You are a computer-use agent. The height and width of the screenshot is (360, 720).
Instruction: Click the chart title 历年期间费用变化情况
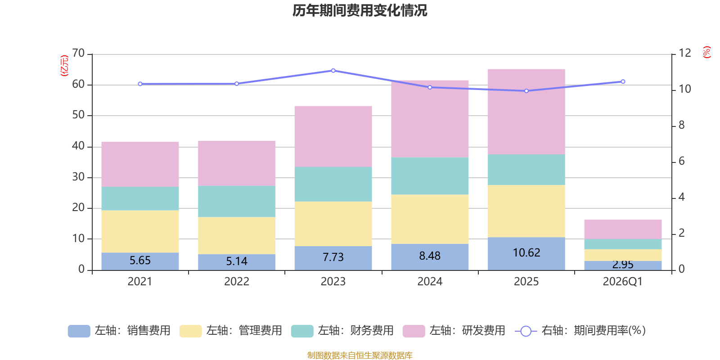point(360,10)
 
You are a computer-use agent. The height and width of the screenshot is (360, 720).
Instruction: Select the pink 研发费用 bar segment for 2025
point(526,112)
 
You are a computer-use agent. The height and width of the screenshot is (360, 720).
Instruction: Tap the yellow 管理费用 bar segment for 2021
point(140,231)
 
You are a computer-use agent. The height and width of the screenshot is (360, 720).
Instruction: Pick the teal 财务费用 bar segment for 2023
point(333,184)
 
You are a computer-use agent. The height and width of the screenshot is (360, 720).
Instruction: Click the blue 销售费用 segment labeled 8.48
point(430,256)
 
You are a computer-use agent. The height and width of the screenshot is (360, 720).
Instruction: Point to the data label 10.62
point(526,253)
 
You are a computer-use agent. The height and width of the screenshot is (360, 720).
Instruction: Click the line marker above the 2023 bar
point(333,71)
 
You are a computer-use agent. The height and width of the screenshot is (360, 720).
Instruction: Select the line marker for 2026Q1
point(623,82)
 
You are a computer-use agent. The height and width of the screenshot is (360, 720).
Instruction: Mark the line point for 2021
point(140,84)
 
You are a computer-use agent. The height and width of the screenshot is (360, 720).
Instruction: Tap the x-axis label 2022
point(237,282)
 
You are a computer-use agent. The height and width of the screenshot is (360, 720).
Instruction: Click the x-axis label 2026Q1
point(622,282)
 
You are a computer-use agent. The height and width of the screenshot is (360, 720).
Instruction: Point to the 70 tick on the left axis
point(78,54)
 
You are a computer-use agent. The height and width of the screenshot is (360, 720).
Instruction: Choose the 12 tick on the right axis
point(685,53)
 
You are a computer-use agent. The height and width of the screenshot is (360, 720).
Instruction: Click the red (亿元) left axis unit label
point(64,66)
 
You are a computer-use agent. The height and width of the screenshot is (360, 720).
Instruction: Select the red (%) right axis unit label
point(707,52)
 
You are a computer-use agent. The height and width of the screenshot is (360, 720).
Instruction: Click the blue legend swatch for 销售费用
point(79,331)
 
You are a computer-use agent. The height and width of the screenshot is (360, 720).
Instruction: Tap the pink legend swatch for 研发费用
point(414,331)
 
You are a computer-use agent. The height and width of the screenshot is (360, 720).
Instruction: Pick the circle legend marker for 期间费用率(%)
point(526,331)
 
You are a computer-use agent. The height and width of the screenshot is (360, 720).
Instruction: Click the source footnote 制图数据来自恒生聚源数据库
point(360,355)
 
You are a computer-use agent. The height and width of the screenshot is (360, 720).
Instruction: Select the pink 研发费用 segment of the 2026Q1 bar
point(623,229)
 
